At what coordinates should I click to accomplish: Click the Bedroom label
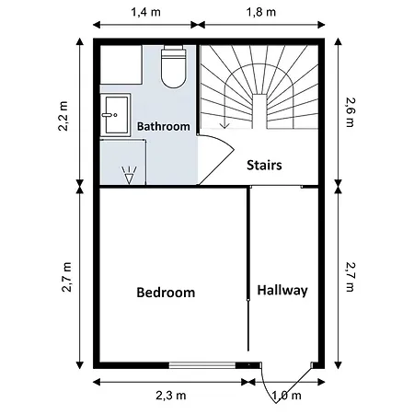(166, 293)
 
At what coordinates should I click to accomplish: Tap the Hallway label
(282, 290)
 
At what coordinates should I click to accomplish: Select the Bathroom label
(164, 125)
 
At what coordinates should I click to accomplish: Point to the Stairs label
(263, 166)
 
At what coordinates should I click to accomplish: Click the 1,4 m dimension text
(144, 14)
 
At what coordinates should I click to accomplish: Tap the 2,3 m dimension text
(170, 396)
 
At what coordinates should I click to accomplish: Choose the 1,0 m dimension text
(287, 396)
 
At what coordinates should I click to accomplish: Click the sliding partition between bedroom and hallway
(248, 276)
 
